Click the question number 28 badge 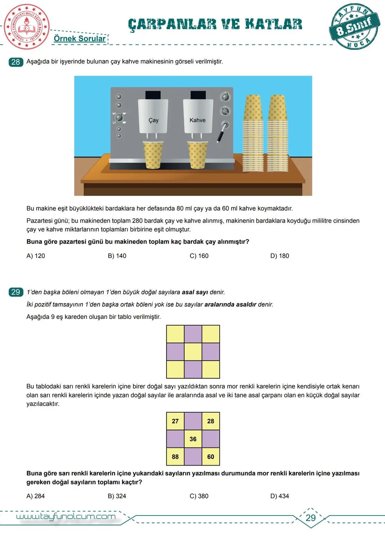point(15,62)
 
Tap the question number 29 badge point(15,292)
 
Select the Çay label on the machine point(153,120)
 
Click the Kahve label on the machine point(197,120)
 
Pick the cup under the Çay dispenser point(153,155)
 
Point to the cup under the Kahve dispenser point(197,155)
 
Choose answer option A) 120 point(36,256)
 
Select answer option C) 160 point(199,256)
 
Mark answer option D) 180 point(279,256)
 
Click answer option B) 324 point(117,496)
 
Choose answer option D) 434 point(279,496)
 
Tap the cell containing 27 point(175,421)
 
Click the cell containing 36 point(193,439)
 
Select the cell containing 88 point(175,457)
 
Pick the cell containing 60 point(211,457)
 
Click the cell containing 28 point(211,421)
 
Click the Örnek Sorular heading point(79,38)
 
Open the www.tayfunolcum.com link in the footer point(66,517)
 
